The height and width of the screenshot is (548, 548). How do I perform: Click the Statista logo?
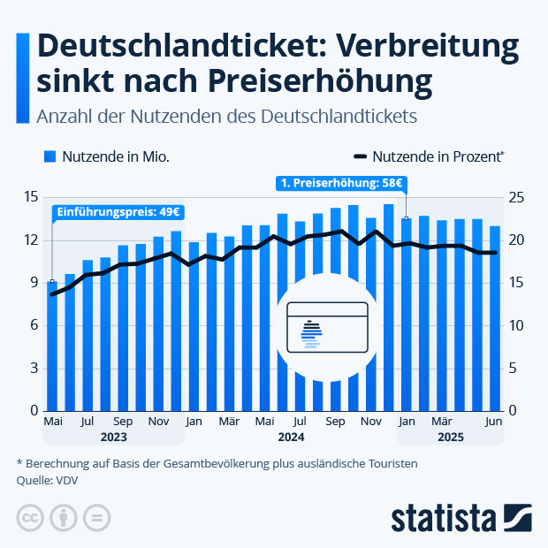460,518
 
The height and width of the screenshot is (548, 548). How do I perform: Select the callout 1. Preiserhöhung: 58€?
340,184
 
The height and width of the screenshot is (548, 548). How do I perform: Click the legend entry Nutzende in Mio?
107,156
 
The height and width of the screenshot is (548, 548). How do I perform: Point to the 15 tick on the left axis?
31,197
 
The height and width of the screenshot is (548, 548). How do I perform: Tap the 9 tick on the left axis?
33,283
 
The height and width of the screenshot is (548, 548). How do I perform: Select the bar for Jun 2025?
495,318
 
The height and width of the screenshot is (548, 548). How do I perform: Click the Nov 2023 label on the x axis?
159,422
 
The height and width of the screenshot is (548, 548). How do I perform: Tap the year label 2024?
291,437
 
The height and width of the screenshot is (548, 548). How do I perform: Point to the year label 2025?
450,437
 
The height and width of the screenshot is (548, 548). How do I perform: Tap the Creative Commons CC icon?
31,518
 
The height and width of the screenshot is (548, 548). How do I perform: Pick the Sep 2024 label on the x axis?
335,422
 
